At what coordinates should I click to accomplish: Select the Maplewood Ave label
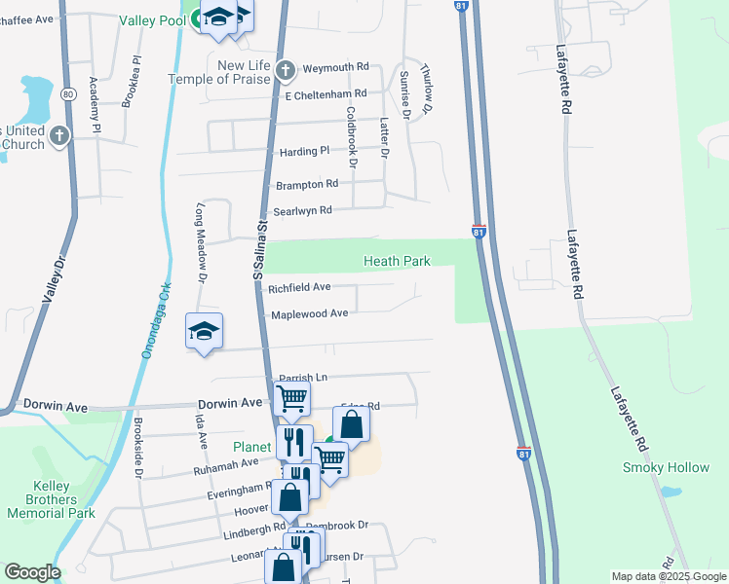[309, 314]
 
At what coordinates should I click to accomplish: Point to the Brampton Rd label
[306, 184]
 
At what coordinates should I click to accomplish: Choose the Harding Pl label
[305, 152]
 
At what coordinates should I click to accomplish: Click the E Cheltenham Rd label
[325, 94]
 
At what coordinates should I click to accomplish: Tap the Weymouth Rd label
[335, 67]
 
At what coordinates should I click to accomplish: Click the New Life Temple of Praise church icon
[285, 70]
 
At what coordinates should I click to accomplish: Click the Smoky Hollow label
[667, 468]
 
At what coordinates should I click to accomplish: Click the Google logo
[31, 572]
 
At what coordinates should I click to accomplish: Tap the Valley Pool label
[153, 20]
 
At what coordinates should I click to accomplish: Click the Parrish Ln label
[301, 378]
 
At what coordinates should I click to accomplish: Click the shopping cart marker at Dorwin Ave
[292, 398]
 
